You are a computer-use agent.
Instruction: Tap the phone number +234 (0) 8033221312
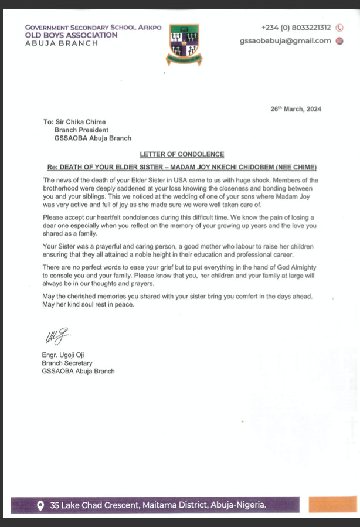296,28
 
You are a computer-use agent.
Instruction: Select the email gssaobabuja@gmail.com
285,40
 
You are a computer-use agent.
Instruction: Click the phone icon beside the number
339,28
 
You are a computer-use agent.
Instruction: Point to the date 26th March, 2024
296,109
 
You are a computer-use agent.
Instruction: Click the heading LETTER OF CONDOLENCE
182,154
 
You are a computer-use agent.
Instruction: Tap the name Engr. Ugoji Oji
67,355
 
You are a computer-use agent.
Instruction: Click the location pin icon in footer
40,505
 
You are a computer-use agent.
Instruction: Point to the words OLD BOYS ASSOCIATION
71,35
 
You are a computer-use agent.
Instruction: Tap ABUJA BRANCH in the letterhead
62,43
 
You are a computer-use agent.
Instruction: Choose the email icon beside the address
339,40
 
